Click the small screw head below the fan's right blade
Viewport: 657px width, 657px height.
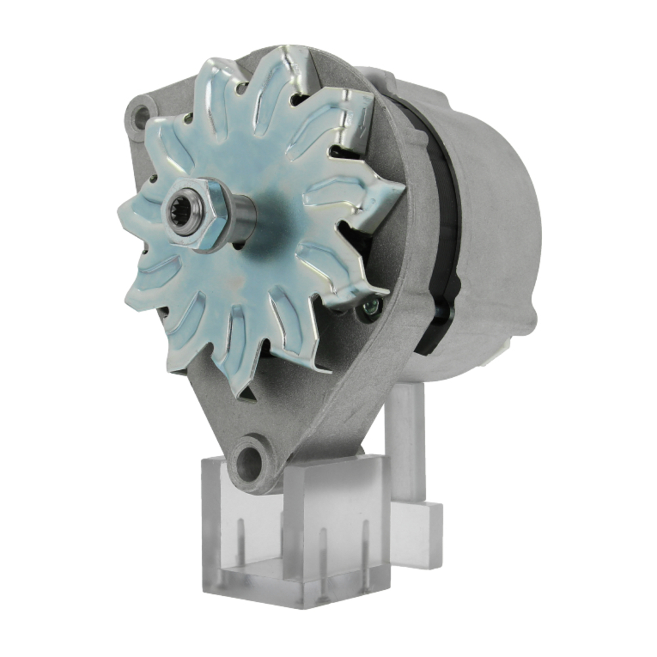(371, 306)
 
